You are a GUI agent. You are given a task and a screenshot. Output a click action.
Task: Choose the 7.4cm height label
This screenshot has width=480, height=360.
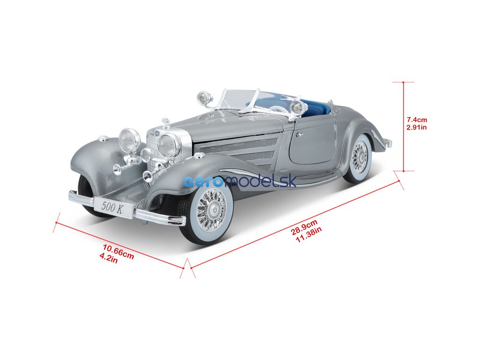click(417, 120)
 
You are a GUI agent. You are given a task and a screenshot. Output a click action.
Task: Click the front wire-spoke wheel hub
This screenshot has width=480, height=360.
click(208, 210)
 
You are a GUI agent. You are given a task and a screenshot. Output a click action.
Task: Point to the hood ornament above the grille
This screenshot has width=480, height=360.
click(165, 123)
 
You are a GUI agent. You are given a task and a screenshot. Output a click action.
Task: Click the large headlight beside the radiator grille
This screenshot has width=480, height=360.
click(168, 145)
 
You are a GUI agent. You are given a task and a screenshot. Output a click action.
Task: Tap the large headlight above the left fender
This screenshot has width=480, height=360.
click(129, 140)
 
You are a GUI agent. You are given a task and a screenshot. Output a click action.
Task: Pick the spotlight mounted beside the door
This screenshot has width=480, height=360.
click(298, 108)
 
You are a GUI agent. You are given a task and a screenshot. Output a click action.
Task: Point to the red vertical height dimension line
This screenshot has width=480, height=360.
click(404, 127)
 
